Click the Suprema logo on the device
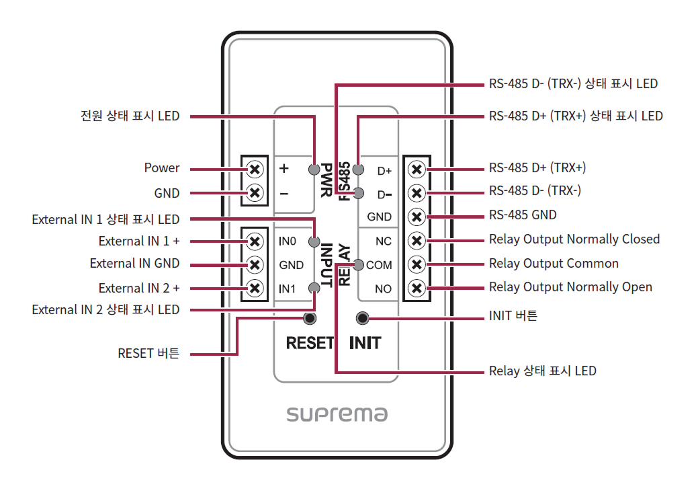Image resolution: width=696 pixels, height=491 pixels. click(x=337, y=414)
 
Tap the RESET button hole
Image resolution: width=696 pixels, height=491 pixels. click(x=310, y=318)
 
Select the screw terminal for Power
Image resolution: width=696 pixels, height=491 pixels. click(x=255, y=168)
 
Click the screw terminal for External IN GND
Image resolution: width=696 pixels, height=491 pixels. click(x=255, y=264)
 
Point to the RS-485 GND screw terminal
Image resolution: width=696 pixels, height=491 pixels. click(x=417, y=217)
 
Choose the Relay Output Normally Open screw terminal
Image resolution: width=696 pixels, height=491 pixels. click(x=417, y=289)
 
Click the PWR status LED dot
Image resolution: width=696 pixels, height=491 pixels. click(x=313, y=169)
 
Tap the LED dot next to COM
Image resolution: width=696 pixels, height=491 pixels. click(x=359, y=264)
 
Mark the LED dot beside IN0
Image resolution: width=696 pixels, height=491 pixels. click(x=313, y=241)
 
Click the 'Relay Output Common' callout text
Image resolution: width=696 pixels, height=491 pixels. click(x=554, y=264)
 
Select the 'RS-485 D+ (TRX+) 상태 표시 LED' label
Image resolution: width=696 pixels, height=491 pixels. click(x=576, y=116)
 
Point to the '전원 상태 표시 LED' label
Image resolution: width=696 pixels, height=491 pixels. click(x=130, y=116)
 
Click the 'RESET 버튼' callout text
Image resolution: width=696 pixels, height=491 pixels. click(x=148, y=353)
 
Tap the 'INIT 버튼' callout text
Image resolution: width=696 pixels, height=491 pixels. click(x=513, y=315)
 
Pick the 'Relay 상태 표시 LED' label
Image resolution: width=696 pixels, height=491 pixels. click(x=542, y=371)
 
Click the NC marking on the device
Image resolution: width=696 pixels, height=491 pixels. click(x=384, y=241)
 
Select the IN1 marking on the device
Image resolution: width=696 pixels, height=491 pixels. click(x=287, y=289)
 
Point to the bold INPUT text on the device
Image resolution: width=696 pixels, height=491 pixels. click(x=327, y=265)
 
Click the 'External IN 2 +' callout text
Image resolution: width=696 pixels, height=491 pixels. click(x=139, y=289)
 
